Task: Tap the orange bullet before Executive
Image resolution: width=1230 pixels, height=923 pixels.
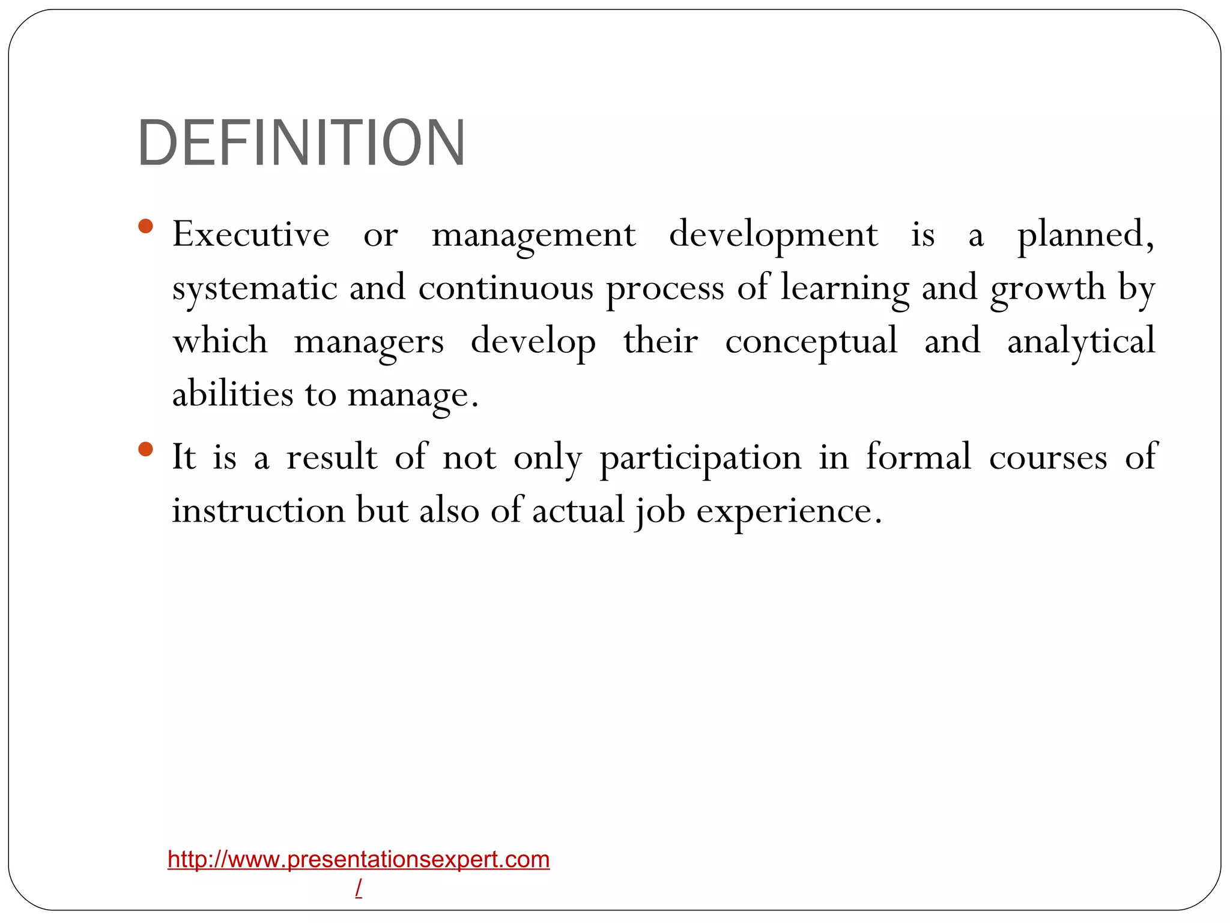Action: (145, 227)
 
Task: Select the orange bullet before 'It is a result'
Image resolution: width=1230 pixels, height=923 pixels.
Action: (145, 449)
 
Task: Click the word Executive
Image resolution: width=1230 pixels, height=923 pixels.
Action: (250, 234)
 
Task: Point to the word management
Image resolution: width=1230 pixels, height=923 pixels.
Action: (533, 236)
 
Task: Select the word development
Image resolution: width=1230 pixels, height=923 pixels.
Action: (773, 236)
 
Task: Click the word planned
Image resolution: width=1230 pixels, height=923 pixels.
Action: (1084, 236)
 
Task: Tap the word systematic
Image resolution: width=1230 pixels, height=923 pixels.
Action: (254, 288)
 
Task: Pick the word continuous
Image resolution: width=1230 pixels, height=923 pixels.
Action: (506, 288)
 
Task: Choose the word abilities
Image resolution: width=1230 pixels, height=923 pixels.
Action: (232, 395)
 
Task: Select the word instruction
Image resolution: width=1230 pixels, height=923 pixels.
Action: (258, 511)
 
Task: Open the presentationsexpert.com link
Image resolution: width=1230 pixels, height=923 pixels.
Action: (359, 860)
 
